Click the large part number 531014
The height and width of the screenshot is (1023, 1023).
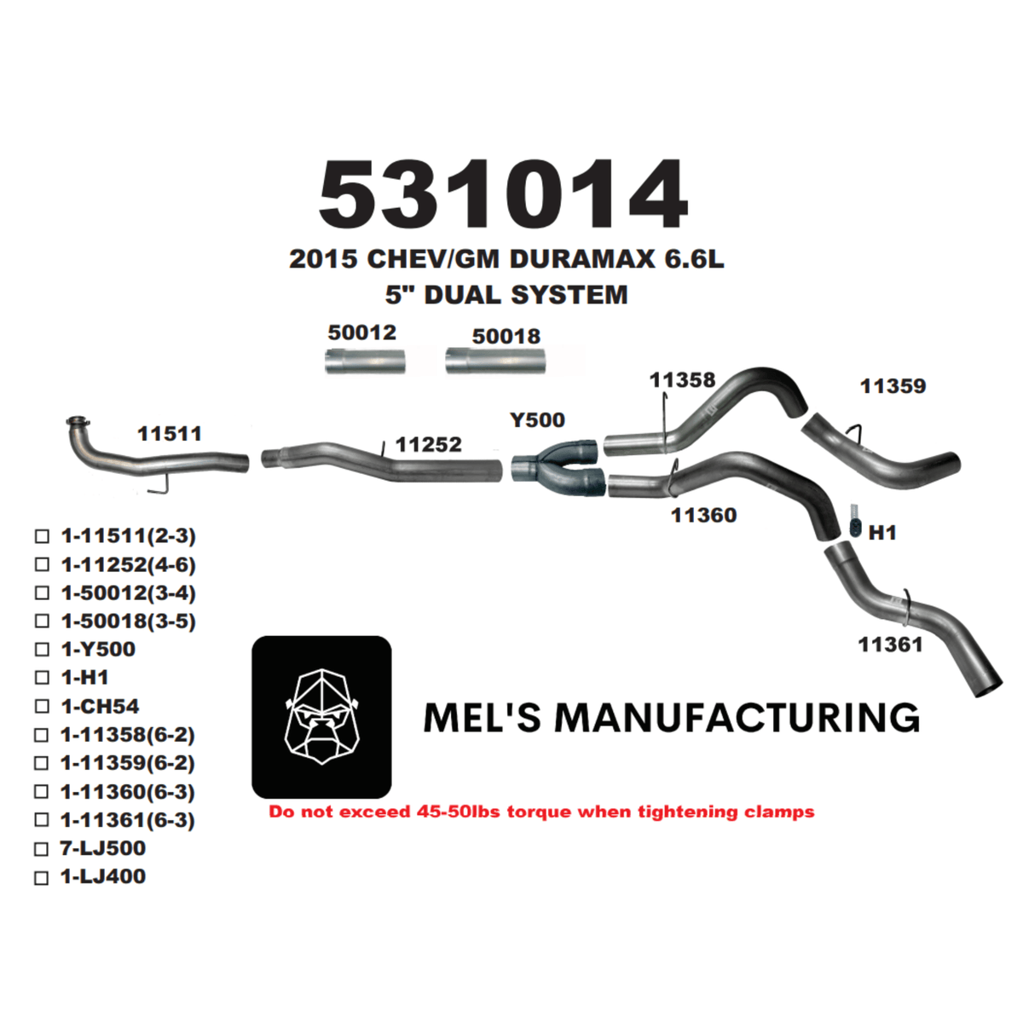point(503,195)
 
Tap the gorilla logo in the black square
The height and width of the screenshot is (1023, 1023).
point(321,716)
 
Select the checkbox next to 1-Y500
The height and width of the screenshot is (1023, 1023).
point(42,650)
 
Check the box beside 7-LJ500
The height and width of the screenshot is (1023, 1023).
point(42,849)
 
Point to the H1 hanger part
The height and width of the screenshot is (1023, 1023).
point(855,521)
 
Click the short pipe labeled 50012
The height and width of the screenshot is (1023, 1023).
point(365,361)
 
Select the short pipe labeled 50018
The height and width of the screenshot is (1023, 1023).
point(495,361)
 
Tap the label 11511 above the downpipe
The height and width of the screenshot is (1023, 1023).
point(170,433)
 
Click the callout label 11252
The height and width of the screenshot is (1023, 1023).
point(429,444)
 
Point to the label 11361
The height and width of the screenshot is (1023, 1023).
point(890,644)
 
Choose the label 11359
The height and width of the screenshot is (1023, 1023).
point(893,386)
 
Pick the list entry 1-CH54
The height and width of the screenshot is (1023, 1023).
point(100,707)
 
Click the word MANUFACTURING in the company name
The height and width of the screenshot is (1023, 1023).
point(737,718)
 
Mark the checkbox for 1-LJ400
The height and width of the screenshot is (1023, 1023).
point(42,877)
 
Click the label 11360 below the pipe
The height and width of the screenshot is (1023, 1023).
point(703,515)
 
